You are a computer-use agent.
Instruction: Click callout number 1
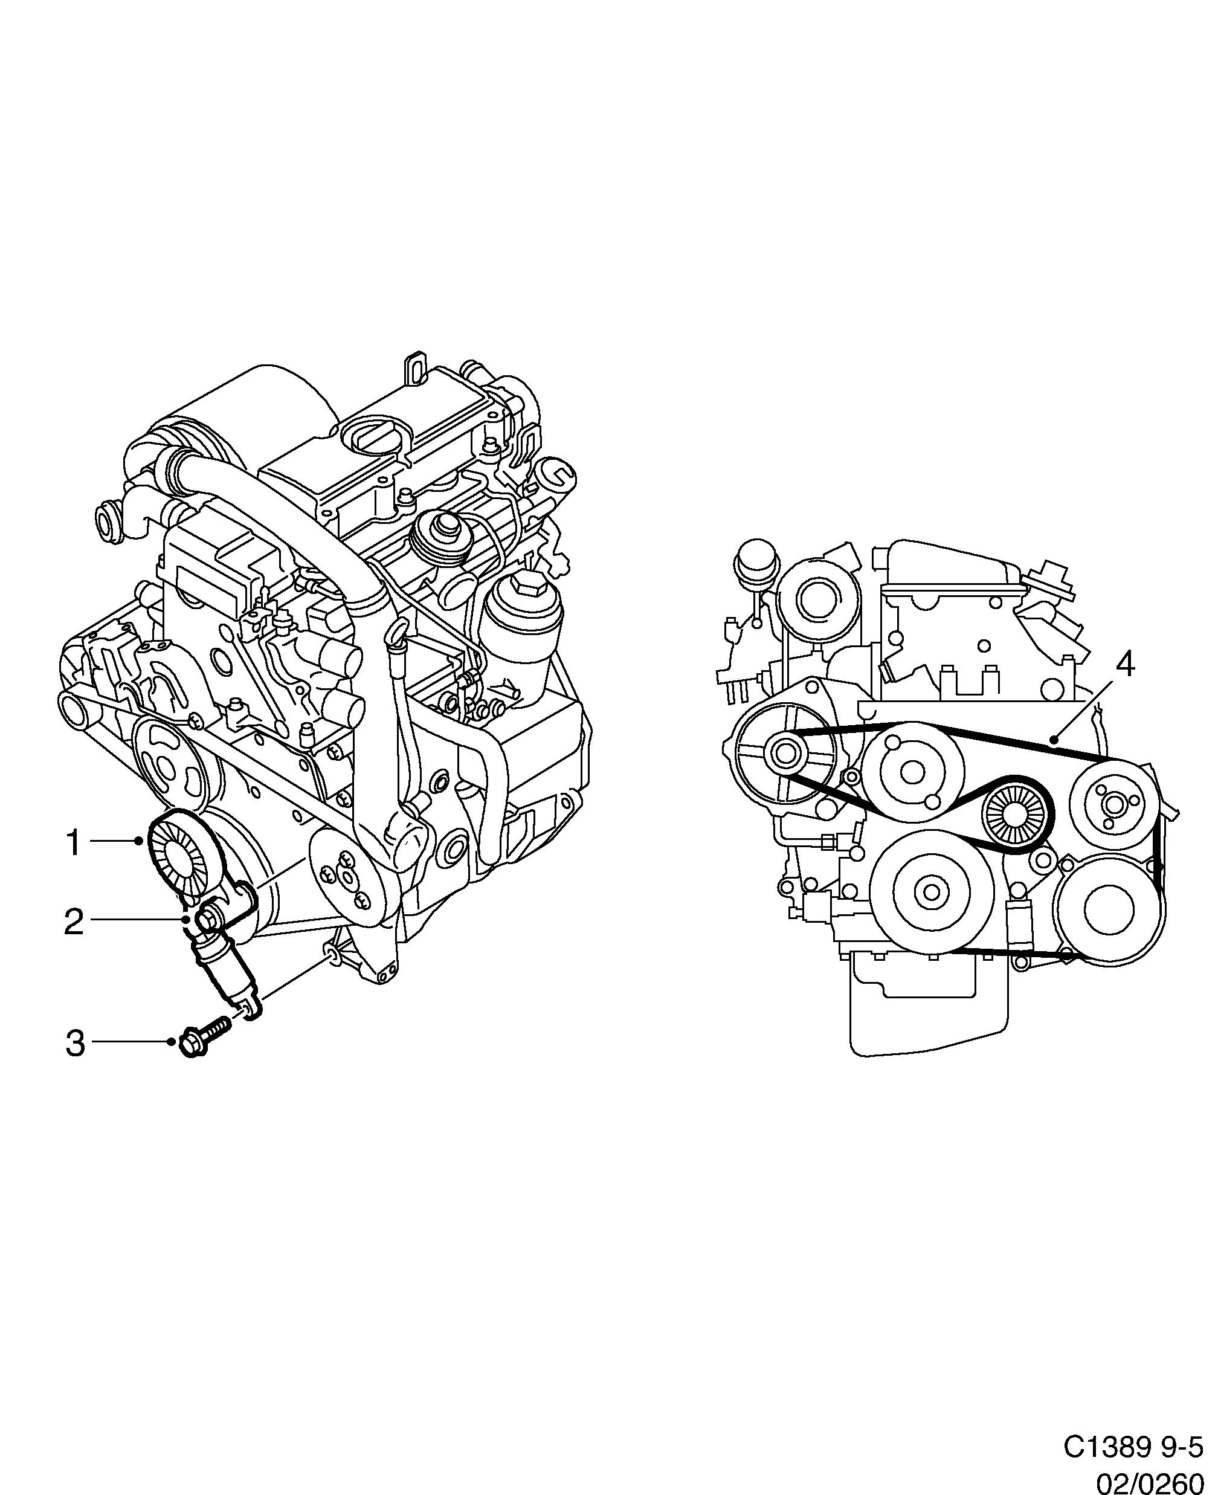coord(74,842)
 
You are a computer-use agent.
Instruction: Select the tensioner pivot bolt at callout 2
coord(209,919)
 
